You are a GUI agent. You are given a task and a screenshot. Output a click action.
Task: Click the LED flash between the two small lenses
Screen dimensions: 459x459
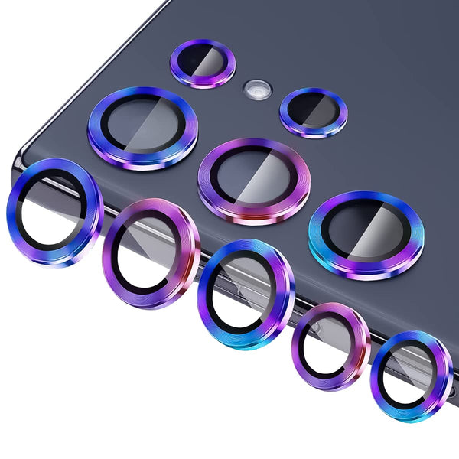pos(256,90)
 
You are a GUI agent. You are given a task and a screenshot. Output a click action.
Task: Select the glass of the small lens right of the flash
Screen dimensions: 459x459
pos(312,111)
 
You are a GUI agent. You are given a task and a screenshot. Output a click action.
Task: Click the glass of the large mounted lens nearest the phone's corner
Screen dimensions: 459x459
pos(138,124)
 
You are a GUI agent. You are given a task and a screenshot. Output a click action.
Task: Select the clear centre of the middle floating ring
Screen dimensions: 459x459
pos(243,291)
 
